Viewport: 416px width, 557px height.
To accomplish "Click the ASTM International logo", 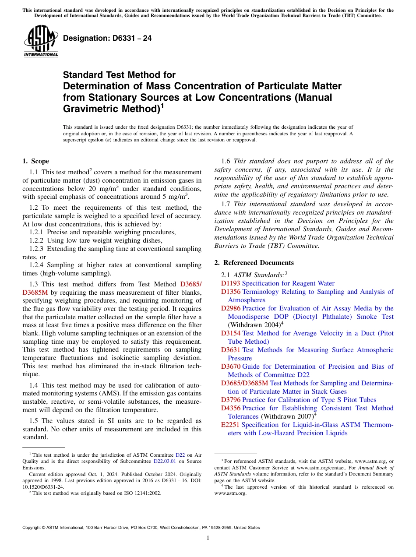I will click(x=41, y=41).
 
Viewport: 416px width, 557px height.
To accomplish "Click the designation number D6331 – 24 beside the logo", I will click(x=107, y=39).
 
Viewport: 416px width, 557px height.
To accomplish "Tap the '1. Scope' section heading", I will click(x=35, y=161).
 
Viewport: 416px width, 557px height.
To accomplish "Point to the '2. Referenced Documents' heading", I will click(x=254, y=263).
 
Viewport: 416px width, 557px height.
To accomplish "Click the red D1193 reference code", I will click(x=230, y=283).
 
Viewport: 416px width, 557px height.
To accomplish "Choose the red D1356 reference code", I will click(x=230, y=292).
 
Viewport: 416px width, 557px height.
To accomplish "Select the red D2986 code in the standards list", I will click(x=230, y=308).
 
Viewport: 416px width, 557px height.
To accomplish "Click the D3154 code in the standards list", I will click(x=230, y=333).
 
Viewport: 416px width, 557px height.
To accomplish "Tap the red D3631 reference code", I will click(x=230, y=350).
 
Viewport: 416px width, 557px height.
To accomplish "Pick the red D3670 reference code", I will click(x=230, y=367).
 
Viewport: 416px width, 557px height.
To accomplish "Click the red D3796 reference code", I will click(x=230, y=400).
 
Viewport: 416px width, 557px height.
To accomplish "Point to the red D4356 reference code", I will click(x=230, y=408).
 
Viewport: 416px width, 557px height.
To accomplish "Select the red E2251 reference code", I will click(x=230, y=425).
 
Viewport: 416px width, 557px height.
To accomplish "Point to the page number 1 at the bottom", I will click(x=208, y=538).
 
